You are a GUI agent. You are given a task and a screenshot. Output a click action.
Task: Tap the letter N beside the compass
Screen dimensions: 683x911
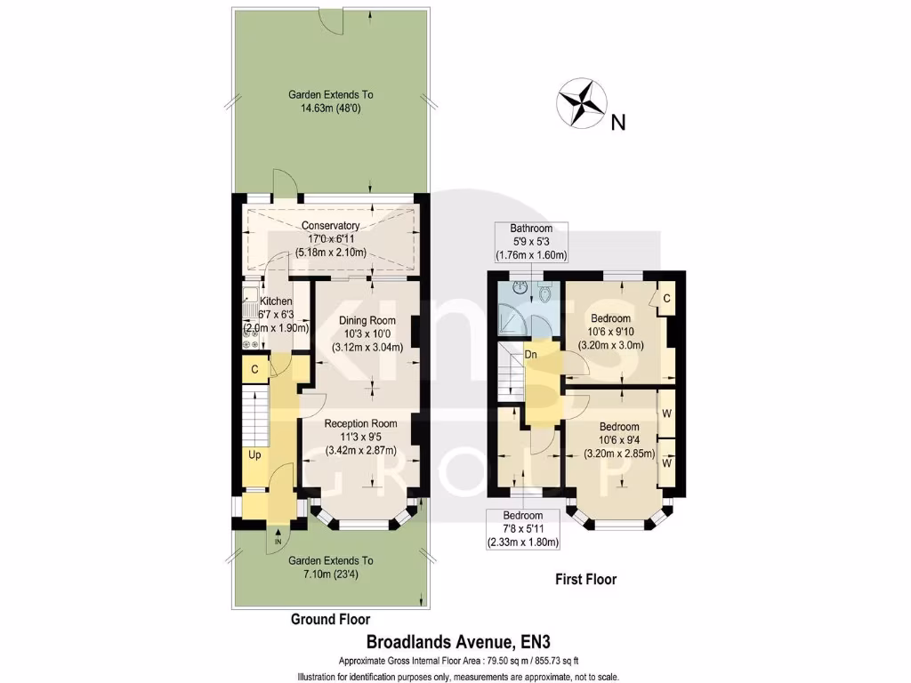[618, 124]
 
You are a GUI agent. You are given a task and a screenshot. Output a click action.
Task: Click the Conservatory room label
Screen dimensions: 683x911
[330, 225]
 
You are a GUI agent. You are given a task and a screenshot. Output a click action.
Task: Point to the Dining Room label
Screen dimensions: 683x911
[367, 321]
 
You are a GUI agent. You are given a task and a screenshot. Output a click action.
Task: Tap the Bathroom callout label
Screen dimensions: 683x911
[531, 228]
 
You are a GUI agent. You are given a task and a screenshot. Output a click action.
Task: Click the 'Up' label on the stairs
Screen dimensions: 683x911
[254, 454]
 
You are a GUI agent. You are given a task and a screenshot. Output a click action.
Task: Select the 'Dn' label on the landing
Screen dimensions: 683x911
[530, 355]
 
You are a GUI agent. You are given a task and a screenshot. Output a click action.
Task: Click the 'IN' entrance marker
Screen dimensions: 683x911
[278, 541]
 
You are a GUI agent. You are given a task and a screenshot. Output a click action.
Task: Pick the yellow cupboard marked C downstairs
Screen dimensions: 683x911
[254, 368]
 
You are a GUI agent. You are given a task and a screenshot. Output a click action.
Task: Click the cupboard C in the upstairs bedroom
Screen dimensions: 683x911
[665, 300]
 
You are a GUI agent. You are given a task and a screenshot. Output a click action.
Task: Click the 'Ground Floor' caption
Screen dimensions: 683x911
[330, 619]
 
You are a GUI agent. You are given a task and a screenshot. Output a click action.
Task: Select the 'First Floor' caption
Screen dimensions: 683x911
[585, 579]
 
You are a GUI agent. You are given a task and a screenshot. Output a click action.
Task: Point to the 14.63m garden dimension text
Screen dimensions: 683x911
[330, 108]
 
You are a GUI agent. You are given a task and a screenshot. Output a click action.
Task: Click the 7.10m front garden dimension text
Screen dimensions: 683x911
[330, 575]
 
